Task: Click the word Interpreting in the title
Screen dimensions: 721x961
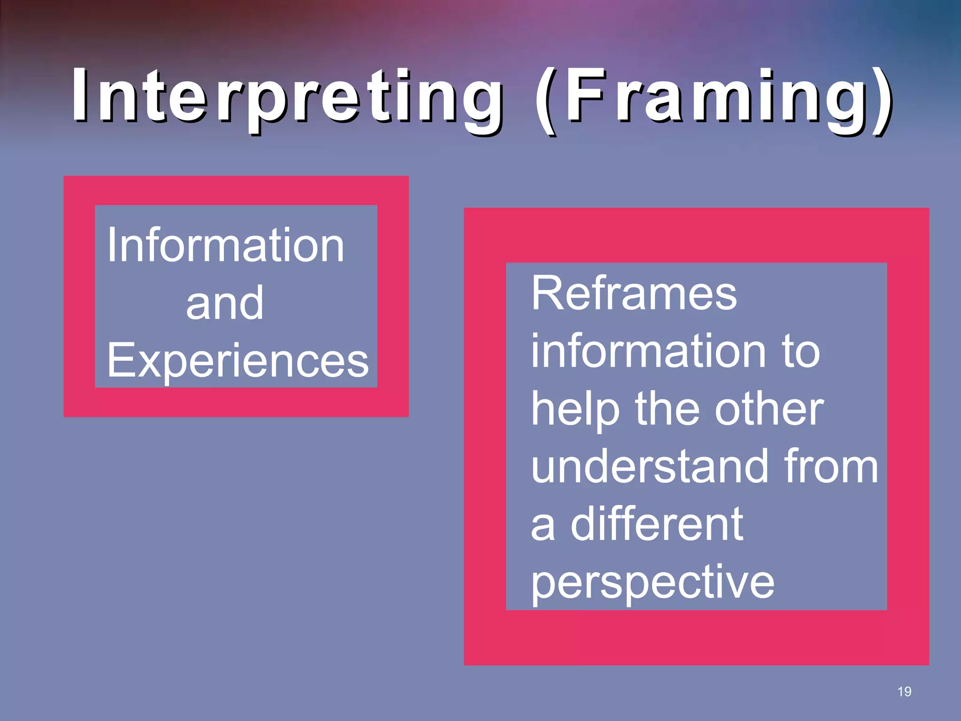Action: pyautogui.click(x=286, y=96)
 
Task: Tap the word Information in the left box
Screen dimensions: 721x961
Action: pyautogui.click(x=226, y=245)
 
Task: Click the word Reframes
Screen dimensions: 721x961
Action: pyautogui.click(x=634, y=294)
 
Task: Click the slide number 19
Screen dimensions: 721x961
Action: pyautogui.click(x=904, y=691)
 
